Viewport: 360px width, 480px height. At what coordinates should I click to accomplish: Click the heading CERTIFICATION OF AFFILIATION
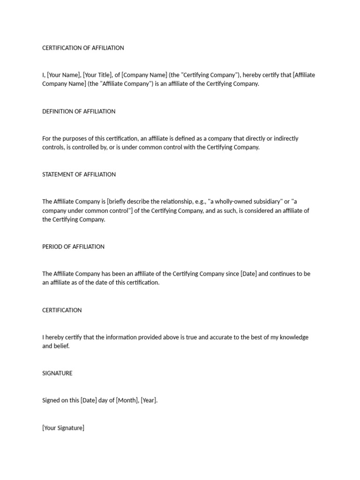(83, 48)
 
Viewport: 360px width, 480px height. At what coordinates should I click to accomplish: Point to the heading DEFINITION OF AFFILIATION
(79, 111)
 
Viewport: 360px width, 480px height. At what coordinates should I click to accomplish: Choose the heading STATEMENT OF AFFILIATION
(79, 174)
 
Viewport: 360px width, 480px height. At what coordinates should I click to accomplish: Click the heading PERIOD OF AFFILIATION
(73, 247)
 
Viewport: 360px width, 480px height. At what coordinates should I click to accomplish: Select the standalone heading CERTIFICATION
(62, 310)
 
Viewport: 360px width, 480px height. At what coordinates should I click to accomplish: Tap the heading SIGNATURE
(57, 373)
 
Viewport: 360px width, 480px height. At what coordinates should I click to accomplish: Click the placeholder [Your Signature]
(63, 428)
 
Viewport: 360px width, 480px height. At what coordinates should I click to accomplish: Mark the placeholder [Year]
(149, 401)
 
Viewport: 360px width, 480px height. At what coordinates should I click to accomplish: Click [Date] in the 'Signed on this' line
(89, 401)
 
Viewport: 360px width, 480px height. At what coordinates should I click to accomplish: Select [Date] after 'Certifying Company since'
(248, 274)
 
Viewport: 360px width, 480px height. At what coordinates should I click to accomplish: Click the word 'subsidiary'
(266, 202)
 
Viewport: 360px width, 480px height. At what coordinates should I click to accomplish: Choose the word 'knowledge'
(292, 337)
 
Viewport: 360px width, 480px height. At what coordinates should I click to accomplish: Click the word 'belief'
(61, 346)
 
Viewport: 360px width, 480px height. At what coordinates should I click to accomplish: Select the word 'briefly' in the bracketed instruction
(119, 202)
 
